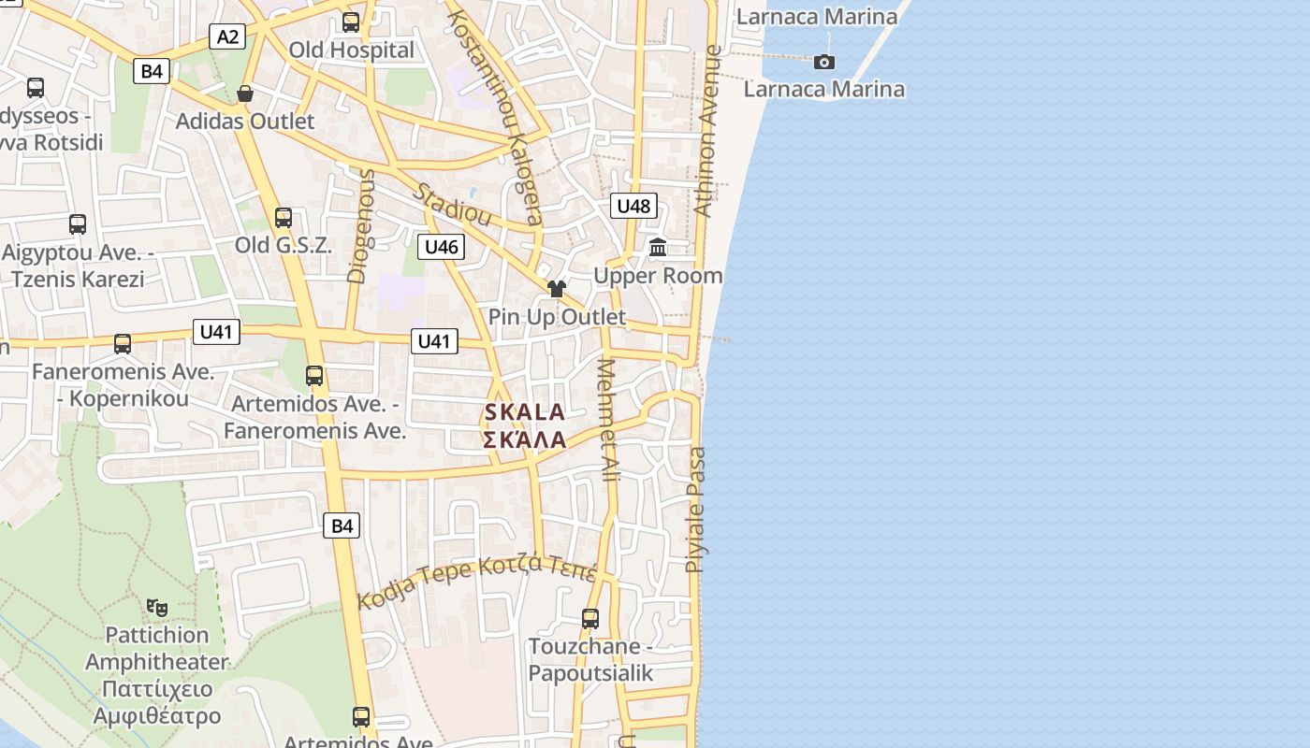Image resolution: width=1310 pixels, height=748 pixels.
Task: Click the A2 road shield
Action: point(228,36)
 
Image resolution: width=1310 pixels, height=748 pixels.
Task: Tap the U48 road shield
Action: point(633,206)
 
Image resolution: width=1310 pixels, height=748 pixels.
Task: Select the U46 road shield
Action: point(441,247)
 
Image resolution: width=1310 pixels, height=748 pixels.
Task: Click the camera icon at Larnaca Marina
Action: point(824,62)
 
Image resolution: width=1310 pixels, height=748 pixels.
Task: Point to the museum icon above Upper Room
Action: point(658,248)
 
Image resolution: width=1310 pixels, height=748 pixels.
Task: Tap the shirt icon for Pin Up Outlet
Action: point(557,289)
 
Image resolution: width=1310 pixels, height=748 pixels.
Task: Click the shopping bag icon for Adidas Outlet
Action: point(245,93)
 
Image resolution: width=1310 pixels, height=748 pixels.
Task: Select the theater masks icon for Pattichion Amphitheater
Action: point(156,607)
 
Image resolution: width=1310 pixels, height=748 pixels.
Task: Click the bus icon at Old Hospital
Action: point(351,22)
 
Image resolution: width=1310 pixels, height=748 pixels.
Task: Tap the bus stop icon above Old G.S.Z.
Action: point(284,218)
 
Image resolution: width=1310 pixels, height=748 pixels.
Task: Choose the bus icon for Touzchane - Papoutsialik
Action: point(589,619)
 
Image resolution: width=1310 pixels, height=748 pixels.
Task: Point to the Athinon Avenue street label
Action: point(708,131)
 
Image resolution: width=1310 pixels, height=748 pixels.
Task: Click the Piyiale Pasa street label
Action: point(696,510)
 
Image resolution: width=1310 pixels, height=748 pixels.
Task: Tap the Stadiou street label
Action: point(453,204)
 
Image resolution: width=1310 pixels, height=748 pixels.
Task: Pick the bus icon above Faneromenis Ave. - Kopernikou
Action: point(123,344)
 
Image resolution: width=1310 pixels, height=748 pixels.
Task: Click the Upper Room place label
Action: point(658,276)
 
